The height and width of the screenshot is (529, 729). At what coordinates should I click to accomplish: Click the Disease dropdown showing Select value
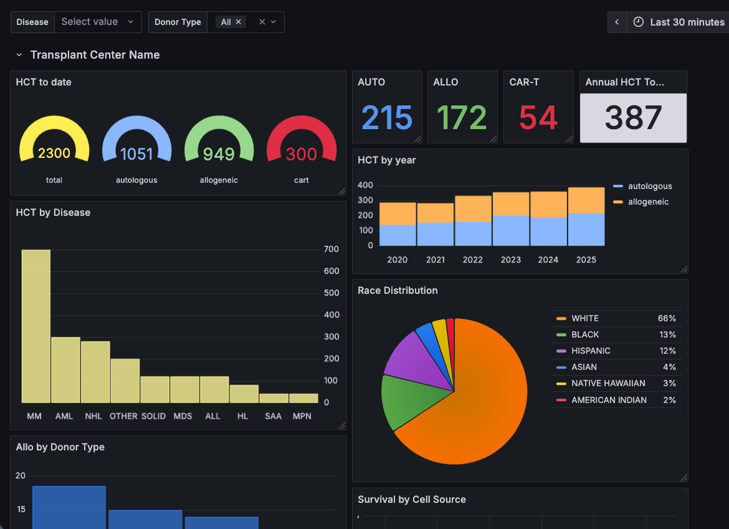tap(97, 22)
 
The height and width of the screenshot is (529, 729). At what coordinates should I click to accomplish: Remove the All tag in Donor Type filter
tap(239, 22)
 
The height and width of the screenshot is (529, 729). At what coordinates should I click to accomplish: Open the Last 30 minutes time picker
tap(679, 22)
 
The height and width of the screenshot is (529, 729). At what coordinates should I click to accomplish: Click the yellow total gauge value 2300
tap(54, 153)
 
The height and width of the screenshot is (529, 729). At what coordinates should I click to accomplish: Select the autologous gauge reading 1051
tap(136, 153)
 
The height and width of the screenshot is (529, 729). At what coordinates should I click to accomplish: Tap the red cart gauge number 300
tap(302, 153)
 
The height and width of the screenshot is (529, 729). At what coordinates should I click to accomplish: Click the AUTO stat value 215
tap(387, 118)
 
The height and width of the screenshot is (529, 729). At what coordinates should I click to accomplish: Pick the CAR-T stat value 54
tap(538, 118)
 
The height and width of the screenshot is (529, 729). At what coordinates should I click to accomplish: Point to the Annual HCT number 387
tap(633, 118)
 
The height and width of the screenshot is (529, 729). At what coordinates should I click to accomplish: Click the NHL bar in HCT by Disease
tap(95, 372)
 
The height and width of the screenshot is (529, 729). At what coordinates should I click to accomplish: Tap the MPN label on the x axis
tap(302, 416)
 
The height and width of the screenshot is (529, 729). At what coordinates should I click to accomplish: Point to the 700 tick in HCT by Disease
tap(331, 250)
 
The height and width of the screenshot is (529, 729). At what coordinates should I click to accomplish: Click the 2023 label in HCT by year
tap(510, 260)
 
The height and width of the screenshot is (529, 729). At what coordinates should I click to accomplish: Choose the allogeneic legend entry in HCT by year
tap(648, 202)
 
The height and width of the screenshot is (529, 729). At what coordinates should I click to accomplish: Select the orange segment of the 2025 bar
tap(586, 200)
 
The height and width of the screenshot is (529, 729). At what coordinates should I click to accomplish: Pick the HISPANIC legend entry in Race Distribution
tap(591, 351)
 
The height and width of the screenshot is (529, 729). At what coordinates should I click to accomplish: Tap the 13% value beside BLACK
tap(667, 334)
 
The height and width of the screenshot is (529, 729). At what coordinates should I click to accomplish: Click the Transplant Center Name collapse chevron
tap(19, 55)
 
